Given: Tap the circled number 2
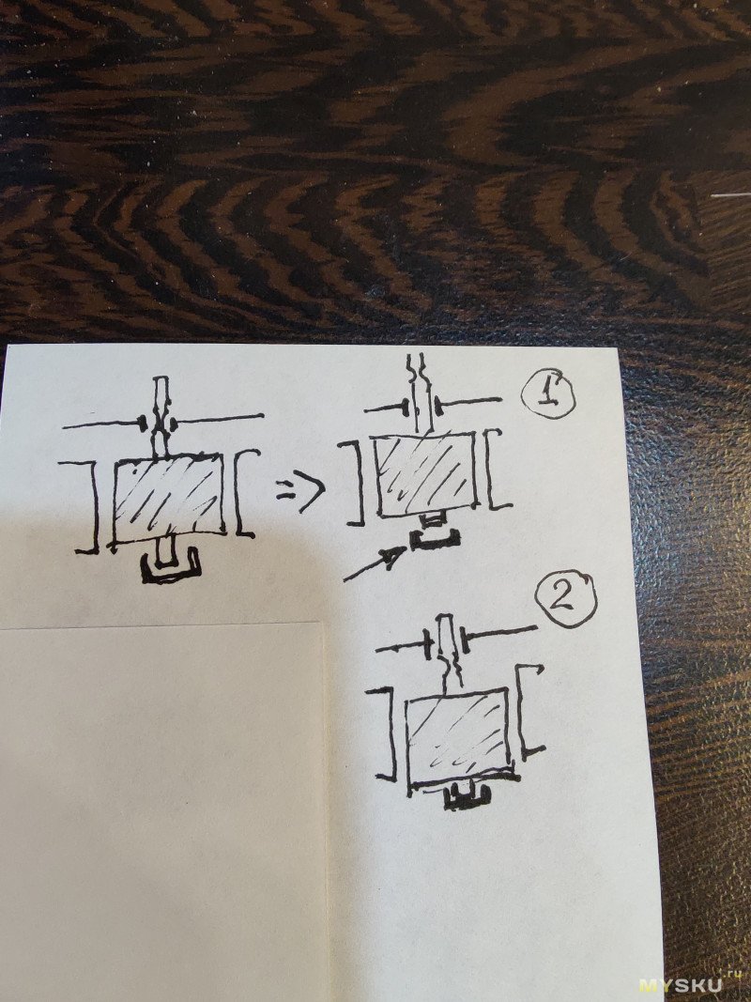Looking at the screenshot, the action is pyautogui.click(x=565, y=600).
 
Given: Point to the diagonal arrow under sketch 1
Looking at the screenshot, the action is pyautogui.click(x=375, y=563).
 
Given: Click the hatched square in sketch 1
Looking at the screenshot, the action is pyautogui.click(x=426, y=474).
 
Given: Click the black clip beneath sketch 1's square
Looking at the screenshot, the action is pyautogui.click(x=435, y=541).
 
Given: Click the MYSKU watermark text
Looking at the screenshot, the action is pyautogui.click(x=681, y=985).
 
